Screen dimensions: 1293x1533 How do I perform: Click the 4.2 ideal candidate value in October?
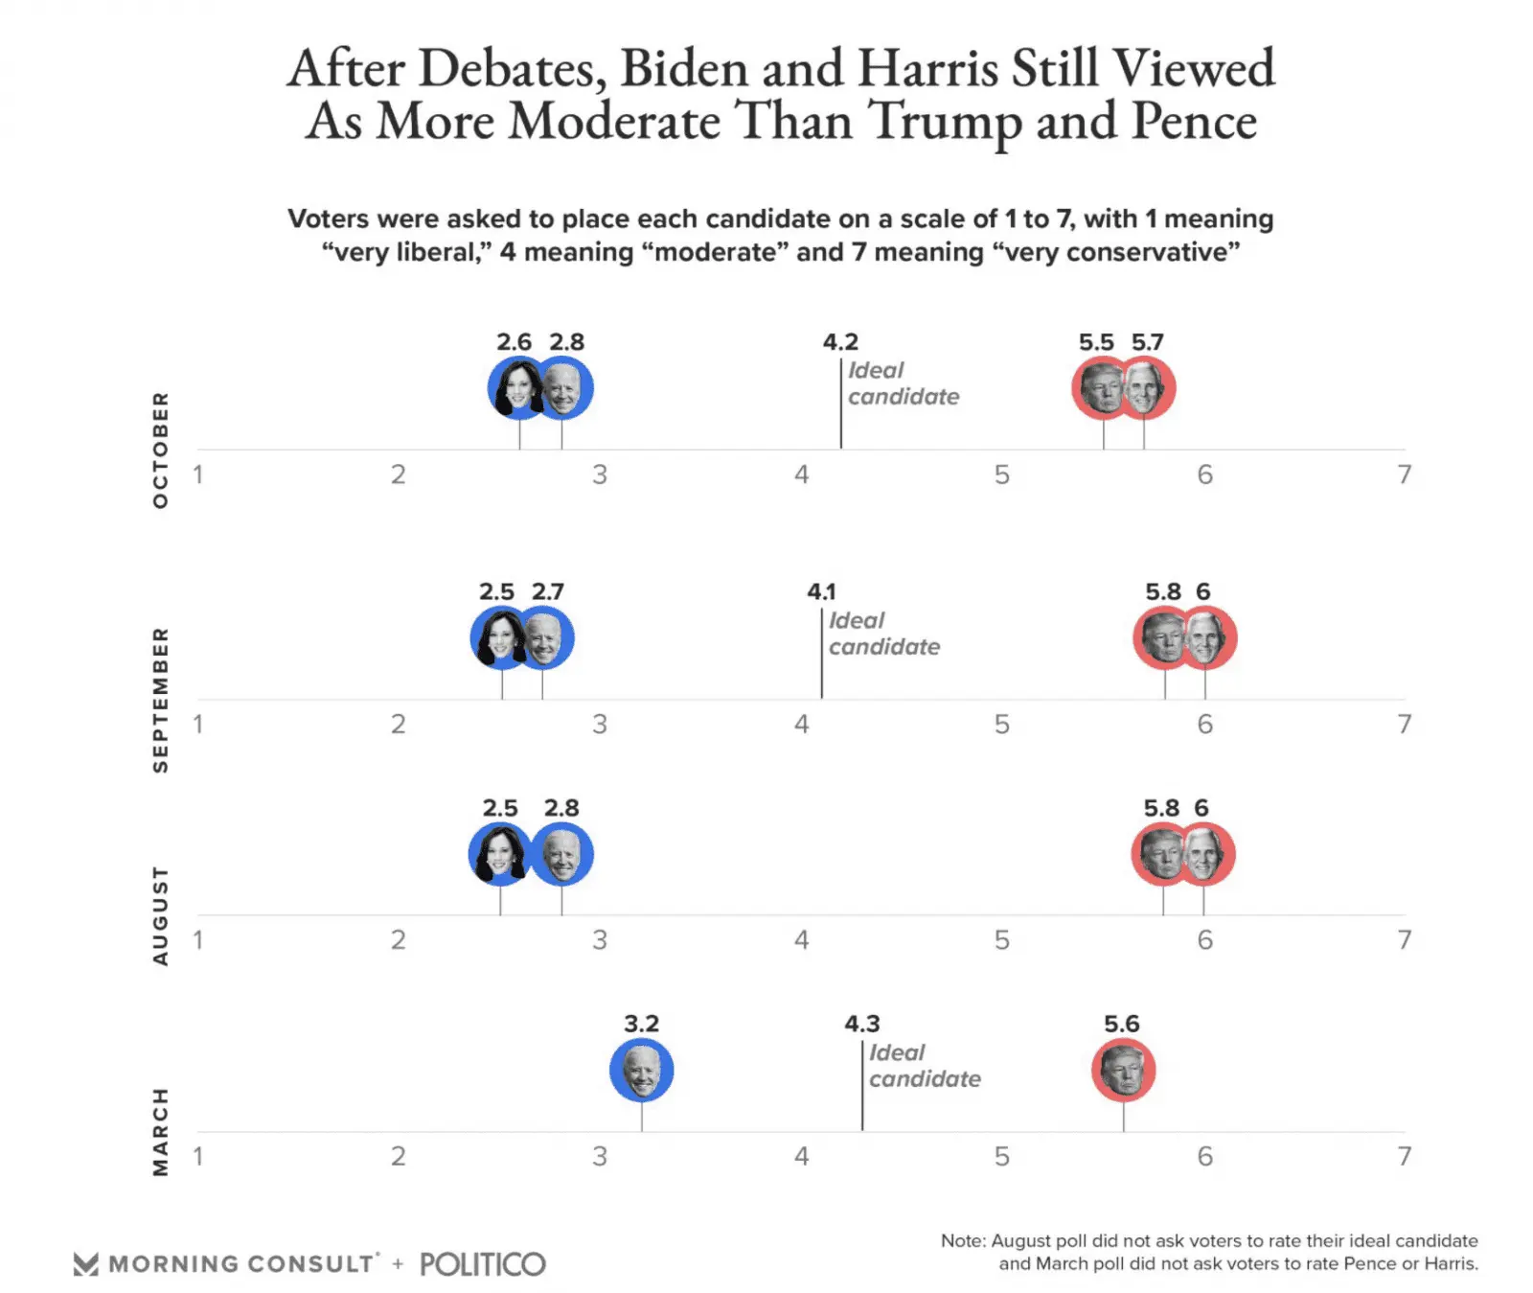(x=840, y=342)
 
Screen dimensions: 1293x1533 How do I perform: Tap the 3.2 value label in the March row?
(x=641, y=1024)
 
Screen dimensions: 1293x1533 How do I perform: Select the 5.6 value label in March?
(x=1121, y=1024)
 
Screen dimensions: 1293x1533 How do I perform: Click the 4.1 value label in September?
(x=821, y=591)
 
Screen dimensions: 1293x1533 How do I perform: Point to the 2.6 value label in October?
(x=514, y=342)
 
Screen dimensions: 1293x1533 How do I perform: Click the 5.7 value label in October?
(x=1147, y=342)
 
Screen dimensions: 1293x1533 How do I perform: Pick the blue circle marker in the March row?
(x=642, y=1070)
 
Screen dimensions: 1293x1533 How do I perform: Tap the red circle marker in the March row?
(x=1123, y=1070)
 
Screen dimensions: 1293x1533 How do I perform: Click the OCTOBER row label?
(x=160, y=450)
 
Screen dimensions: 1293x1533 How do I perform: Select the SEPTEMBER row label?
(x=160, y=700)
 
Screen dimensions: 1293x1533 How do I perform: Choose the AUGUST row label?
(x=160, y=916)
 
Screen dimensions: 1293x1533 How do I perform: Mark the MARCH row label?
(x=160, y=1132)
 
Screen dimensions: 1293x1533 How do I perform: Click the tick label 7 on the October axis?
(x=1404, y=474)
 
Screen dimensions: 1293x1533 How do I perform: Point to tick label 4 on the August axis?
(x=801, y=940)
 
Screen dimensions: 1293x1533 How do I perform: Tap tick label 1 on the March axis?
(x=197, y=1156)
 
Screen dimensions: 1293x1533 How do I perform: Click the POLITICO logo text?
(x=483, y=1264)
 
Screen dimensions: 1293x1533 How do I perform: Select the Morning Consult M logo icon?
(x=86, y=1264)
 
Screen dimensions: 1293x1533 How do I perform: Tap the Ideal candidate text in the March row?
(x=924, y=1066)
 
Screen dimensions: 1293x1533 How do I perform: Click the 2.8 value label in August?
(x=561, y=808)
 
